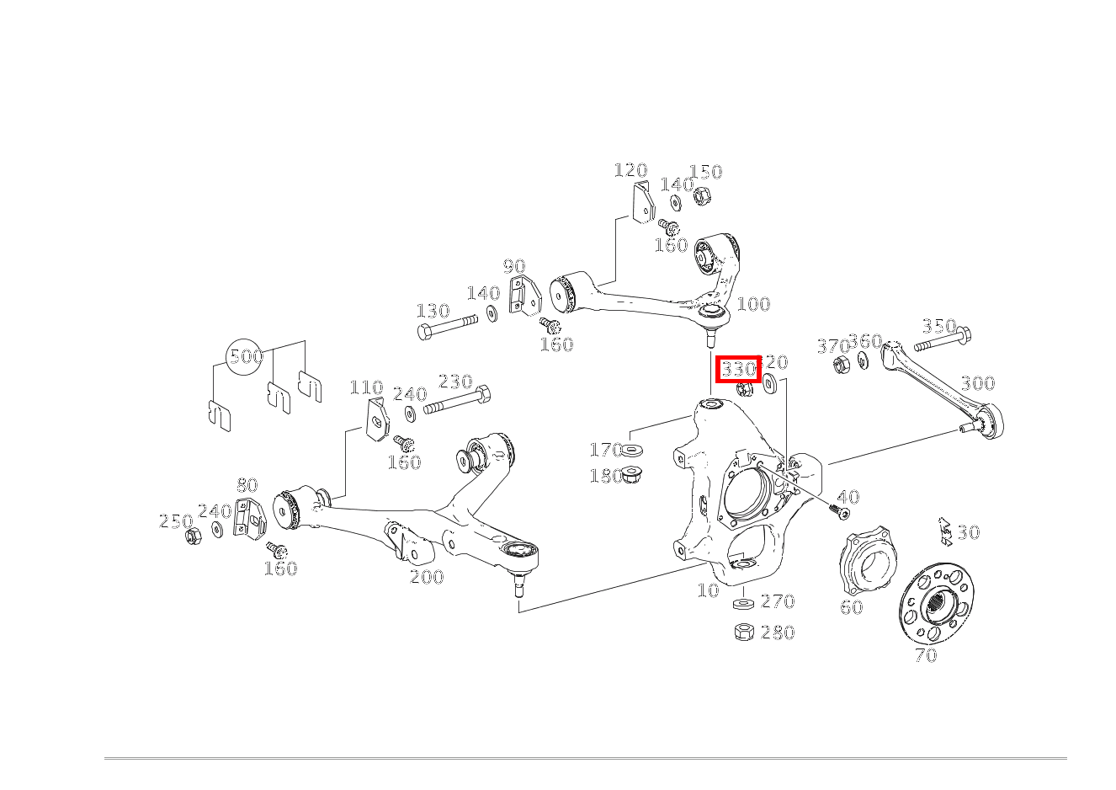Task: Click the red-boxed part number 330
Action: (739, 369)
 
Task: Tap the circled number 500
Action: (247, 356)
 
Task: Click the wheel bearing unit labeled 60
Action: (869, 562)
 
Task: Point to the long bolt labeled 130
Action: (446, 326)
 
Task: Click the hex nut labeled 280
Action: (744, 632)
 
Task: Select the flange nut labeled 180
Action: (632, 476)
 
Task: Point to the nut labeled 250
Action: (193, 536)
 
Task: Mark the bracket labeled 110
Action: (379, 419)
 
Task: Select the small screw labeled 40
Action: (839, 510)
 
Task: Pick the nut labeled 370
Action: (839, 365)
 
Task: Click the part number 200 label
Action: (427, 577)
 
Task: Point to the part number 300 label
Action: (977, 383)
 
